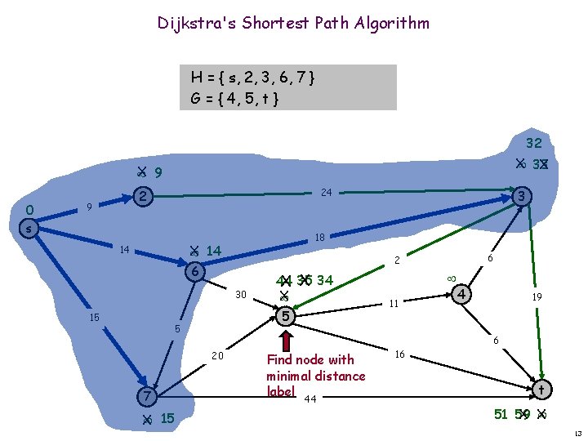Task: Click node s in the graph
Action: [28, 229]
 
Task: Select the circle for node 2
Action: [142, 197]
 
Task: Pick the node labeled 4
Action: [461, 293]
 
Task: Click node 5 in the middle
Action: [284, 316]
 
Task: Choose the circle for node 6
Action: [194, 273]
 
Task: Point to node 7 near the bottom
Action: [145, 396]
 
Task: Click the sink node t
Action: [540, 390]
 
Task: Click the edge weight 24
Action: [324, 194]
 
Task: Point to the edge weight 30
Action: [240, 295]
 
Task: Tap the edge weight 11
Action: [392, 303]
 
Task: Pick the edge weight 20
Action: [217, 355]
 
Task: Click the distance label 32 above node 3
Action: [534, 143]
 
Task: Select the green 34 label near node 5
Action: [324, 281]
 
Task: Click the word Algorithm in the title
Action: [390, 23]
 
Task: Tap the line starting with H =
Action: [252, 78]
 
